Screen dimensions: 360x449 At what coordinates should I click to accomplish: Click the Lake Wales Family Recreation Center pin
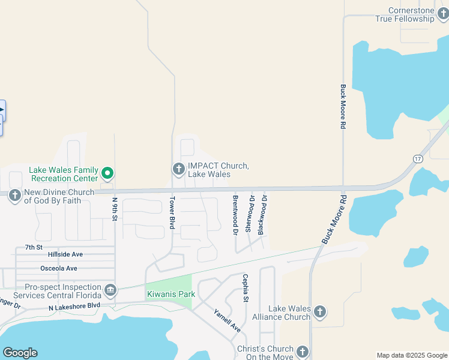click(x=107, y=174)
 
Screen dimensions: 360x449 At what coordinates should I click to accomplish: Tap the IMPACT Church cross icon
click(x=178, y=170)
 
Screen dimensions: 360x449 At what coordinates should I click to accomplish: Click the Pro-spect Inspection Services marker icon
click(x=110, y=291)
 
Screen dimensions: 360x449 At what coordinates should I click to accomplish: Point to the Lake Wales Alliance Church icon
click(x=320, y=312)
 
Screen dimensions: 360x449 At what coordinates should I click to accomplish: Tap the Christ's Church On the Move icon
click(x=302, y=352)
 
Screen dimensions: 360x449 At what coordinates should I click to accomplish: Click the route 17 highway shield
click(x=418, y=158)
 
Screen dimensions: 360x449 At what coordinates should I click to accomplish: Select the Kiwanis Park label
click(x=167, y=295)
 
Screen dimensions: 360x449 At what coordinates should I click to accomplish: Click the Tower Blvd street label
click(x=172, y=212)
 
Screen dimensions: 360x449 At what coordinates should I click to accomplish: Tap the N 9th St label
click(x=115, y=208)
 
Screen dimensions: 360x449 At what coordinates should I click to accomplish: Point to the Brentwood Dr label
click(x=235, y=214)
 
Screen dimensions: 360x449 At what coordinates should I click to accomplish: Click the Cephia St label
click(x=245, y=287)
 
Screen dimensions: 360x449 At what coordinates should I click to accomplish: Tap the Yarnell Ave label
click(x=227, y=320)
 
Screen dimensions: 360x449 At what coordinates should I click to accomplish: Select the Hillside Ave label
click(x=65, y=254)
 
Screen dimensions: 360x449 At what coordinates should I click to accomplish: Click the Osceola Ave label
click(x=58, y=268)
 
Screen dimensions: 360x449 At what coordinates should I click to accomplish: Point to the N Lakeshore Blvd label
click(x=74, y=306)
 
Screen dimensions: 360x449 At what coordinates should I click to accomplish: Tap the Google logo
click(x=20, y=353)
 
